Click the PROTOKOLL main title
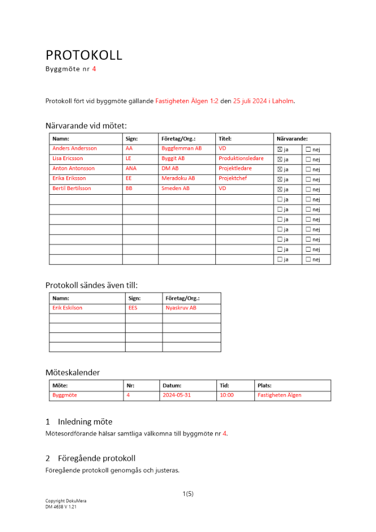(84, 55)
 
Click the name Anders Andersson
(74, 148)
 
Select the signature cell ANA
(131, 169)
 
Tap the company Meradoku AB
(178, 179)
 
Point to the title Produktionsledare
(241, 159)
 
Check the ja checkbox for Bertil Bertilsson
(280, 189)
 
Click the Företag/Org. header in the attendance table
(179, 138)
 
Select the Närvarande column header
(292, 138)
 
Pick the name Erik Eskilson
(68, 308)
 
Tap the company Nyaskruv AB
(181, 308)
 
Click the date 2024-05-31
(176, 395)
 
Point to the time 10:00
(227, 395)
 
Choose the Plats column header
(264, 385)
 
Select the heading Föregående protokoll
(97, 458)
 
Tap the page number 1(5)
(188, 494)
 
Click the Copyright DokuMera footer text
(66, 501)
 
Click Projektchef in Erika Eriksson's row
(233, 179)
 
